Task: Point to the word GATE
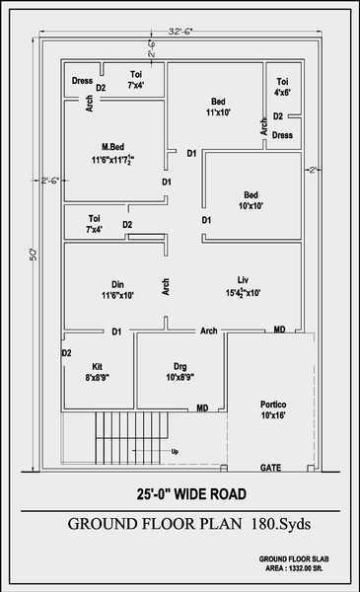tap(270, 466)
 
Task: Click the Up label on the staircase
tap(176, 452)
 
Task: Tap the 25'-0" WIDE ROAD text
tap(191, 494)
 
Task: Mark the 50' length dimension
tap(33, 255)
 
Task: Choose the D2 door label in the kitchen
tap(66, 352)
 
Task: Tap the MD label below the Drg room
tap(202, 407)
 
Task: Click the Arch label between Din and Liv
tap(166, 287)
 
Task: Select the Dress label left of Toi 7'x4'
tap(82, 82)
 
